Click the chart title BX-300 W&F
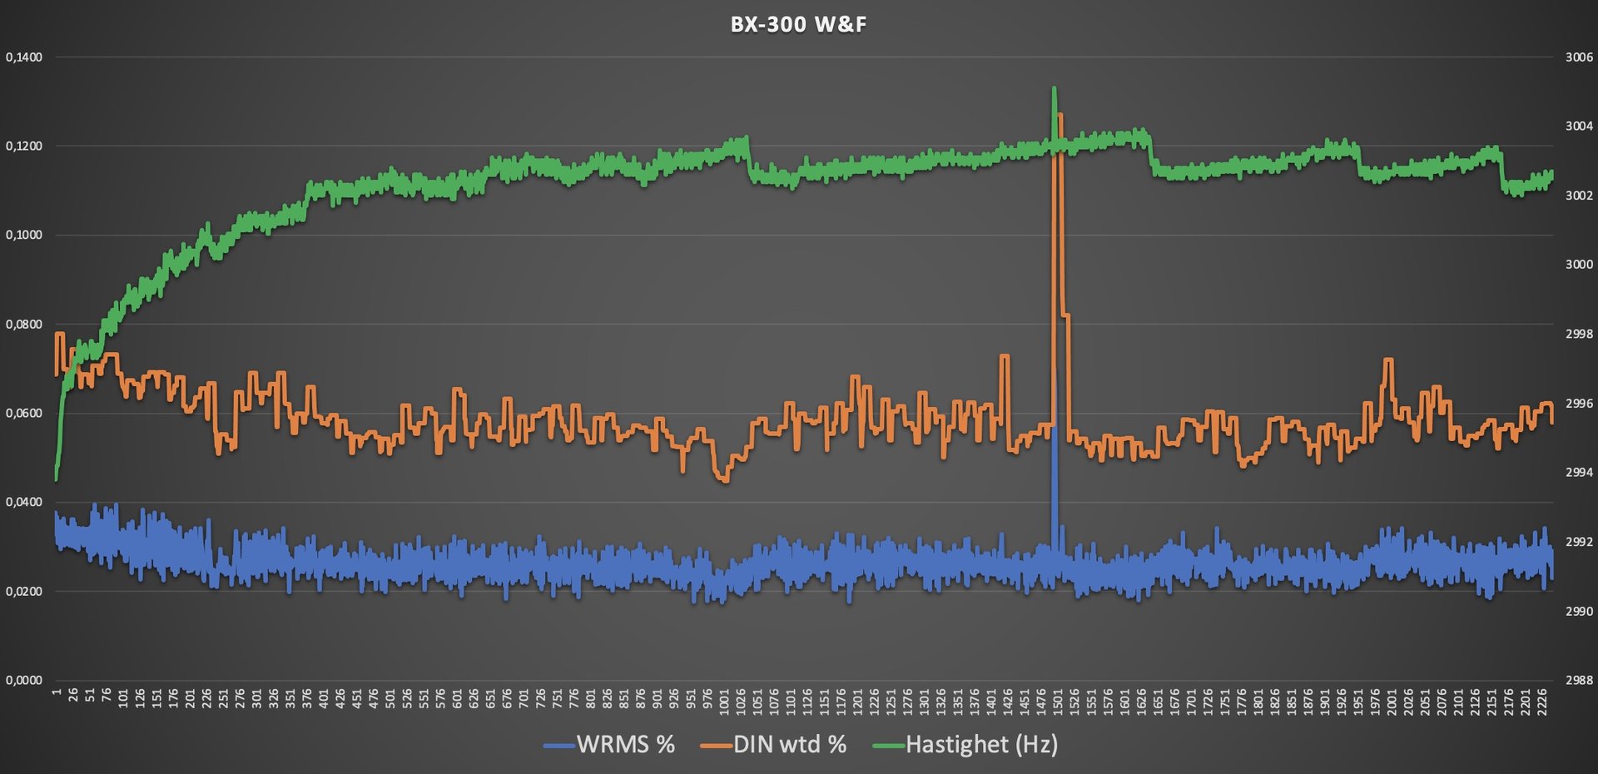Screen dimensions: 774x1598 [798, 25]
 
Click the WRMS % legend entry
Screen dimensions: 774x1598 [625, 744]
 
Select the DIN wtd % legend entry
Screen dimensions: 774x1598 [789, 744]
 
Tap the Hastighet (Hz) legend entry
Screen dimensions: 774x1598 [980, 744]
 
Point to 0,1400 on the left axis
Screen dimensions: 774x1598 [24, 57]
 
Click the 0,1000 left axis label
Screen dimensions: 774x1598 [24, 236]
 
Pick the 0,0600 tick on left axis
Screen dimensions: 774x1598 [24, 414]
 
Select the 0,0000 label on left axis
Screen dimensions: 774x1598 [24, 680]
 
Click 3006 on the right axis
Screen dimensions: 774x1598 [1579, 57]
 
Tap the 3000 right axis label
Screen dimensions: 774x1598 [1579, 265]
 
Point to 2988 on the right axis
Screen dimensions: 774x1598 [1579, 680]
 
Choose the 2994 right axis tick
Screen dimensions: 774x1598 [1579, 473]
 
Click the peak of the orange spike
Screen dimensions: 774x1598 [1060, 115]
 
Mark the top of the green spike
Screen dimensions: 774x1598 [1055, 87]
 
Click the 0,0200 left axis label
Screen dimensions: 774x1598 [24, 592]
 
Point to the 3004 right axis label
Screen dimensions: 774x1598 [1579, 127]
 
